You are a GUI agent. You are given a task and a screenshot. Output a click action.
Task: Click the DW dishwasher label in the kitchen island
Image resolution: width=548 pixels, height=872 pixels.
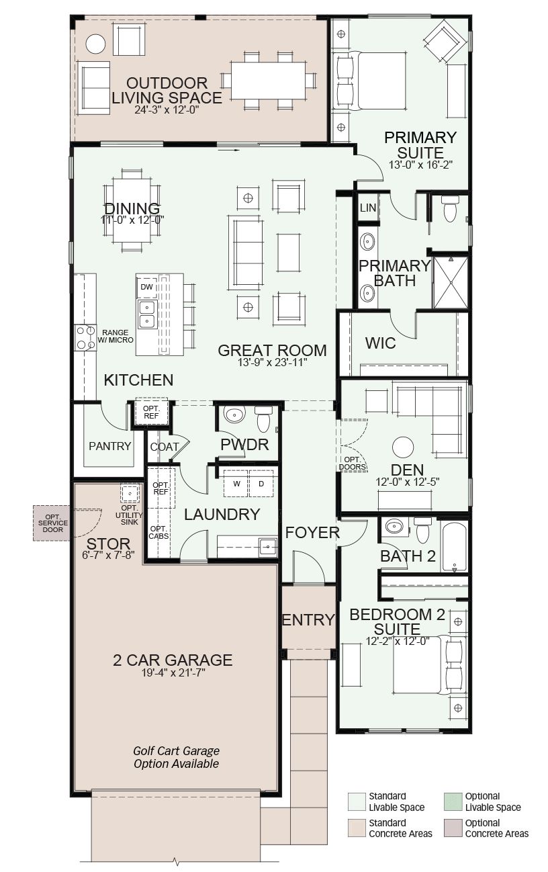click(146, 288)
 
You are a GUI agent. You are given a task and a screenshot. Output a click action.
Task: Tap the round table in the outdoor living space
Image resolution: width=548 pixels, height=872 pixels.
click(95, 44)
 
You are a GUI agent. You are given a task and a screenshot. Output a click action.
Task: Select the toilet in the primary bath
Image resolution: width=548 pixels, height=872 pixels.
click(450, 209)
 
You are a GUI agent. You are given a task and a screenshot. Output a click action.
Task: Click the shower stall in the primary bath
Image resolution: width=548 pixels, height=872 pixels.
click(451, 282)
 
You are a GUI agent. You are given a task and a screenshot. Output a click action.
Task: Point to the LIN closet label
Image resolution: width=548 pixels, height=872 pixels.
click(368, 208)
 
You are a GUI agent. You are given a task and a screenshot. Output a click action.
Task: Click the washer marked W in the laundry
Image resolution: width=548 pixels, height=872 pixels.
click(236, 484)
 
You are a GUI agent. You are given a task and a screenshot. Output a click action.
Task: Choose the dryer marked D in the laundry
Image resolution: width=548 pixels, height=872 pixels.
click(261, 484)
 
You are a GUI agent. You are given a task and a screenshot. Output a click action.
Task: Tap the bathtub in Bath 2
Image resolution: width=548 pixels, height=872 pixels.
click(454, 545)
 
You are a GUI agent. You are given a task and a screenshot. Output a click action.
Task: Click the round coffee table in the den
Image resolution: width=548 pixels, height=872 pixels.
click(403, 447)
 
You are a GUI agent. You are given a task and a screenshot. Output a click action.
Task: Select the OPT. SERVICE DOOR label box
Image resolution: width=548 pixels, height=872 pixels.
click(52, 523)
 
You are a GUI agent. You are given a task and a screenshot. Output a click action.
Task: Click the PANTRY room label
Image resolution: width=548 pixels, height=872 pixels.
click(109, 446)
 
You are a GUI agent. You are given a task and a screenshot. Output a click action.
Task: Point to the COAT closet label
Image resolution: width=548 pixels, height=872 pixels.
click(165, 447)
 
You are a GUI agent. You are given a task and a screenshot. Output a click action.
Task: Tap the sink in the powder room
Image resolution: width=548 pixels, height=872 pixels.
click(234, 415)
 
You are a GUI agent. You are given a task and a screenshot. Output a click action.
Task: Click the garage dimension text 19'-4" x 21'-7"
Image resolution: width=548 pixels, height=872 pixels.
click(173, 672)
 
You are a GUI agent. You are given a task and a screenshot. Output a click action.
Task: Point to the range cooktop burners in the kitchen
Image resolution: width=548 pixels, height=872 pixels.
click(85, 338)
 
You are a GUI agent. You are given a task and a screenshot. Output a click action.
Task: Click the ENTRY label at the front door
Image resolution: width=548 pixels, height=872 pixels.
click(308, 620)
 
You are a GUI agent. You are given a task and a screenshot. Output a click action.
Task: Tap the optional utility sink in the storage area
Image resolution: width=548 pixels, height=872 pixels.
click(129, 494)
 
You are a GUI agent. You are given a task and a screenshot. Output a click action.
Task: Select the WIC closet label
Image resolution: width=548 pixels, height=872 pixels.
click(380, 343)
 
